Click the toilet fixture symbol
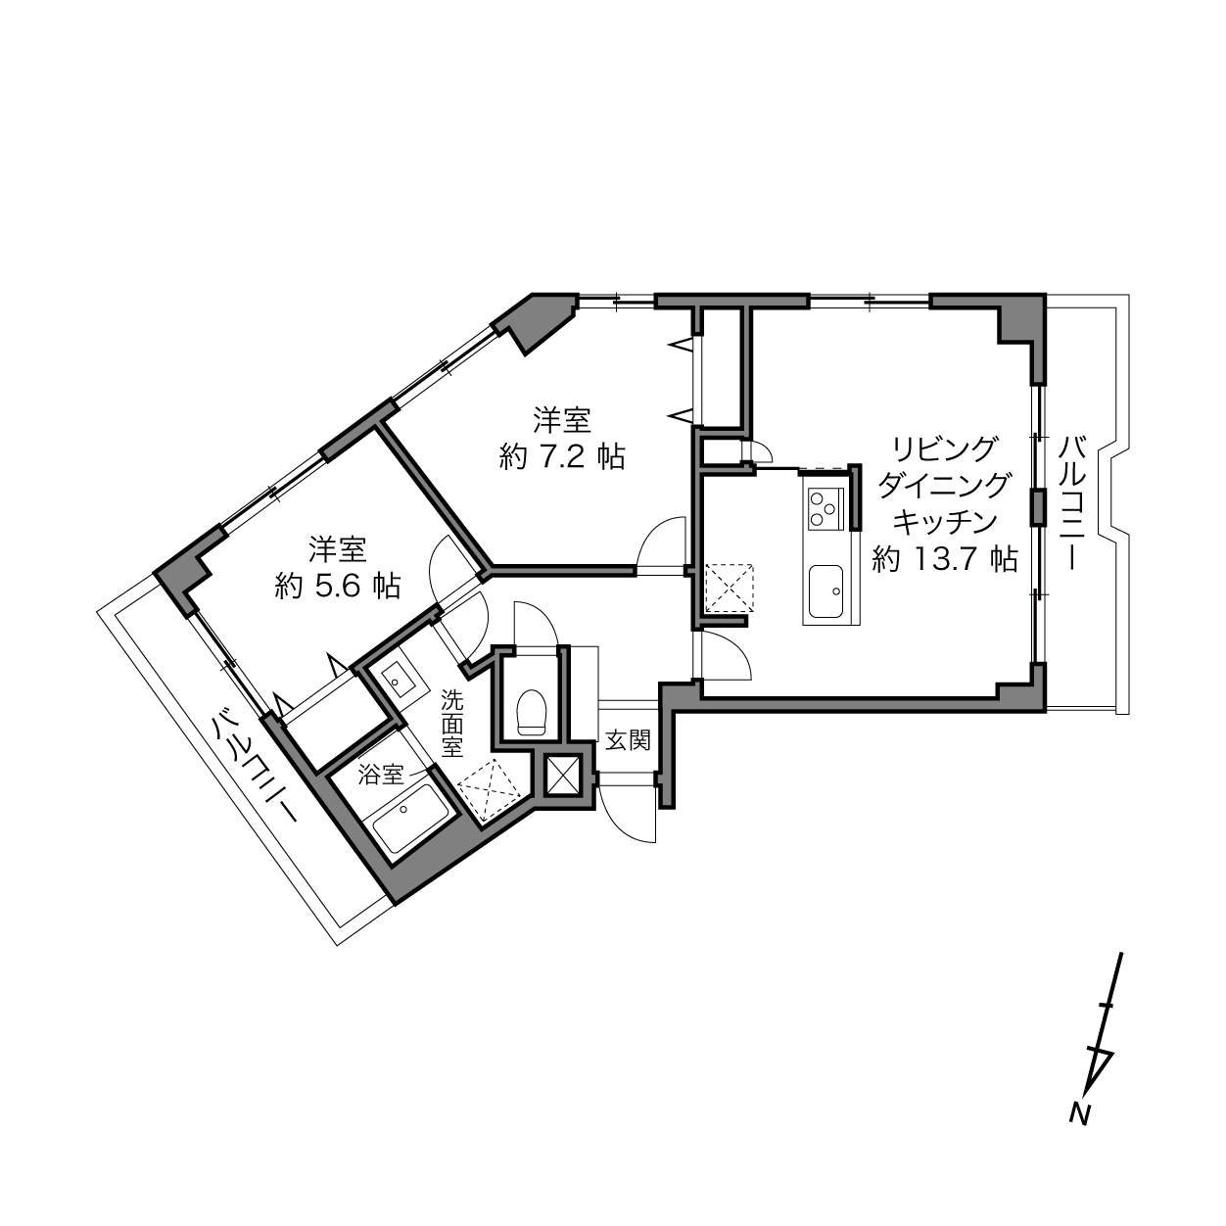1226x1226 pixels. point(532,711)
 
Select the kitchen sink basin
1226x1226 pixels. point(825,589)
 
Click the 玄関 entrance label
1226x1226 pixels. point(628,740)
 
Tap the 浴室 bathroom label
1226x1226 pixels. point(381,775)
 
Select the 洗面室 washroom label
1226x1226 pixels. point(452,724)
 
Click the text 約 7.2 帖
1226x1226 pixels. point(562,456)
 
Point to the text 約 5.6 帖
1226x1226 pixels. point(338,586)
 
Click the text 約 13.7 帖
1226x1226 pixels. point(945,559)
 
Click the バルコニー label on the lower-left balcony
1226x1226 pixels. point(256,766)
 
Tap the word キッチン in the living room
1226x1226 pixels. point(945,522)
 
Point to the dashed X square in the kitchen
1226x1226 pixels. point(730,588)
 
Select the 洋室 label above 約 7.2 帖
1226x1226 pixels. point(562,420)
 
